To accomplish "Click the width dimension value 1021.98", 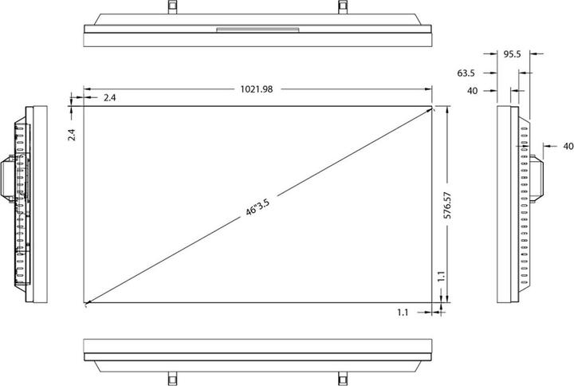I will coord(258,89).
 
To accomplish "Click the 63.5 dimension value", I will coord(466,73).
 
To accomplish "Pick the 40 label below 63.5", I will coord(472,91).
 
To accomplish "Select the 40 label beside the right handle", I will coord(568,146).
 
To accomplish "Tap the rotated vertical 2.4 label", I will coord(72,135).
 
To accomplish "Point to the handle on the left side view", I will coord(6,178).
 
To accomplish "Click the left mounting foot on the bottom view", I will coord(171,378).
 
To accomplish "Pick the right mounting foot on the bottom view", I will coord(342,378).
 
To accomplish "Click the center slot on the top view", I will coord(257,31).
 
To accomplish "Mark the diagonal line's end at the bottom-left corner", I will coord(85,304).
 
